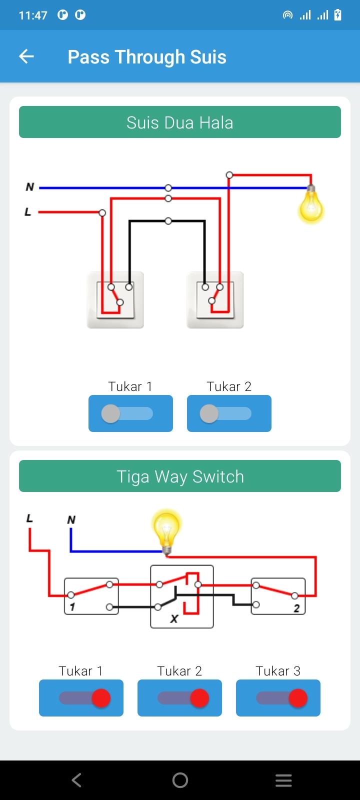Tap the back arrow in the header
(26, 56)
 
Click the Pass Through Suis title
(147, 57)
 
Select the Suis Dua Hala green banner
(180, 122)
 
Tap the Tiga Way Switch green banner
(180, 476)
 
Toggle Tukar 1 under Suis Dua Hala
(130, 413)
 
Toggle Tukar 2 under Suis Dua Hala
(229, 413)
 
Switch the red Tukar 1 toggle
(81, 698)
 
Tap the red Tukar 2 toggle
(179, 698)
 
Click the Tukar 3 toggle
(278, 698)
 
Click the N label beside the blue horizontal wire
(30, 187)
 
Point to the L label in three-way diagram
(29, 518)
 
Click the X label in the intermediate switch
(174, 618)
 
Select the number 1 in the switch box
(72, 607)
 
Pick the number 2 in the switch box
(296, 608)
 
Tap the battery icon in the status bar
(337, 15)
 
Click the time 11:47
(33, 15)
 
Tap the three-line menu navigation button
(283, 780)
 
